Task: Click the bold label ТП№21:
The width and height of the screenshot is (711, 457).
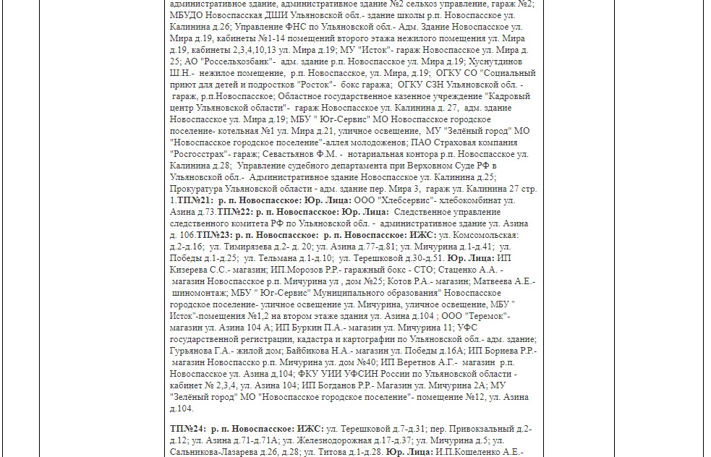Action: click(194, 200)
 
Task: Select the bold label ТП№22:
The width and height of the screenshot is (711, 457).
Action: click(236, 212)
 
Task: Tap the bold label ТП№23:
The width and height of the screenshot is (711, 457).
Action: click(215, 235)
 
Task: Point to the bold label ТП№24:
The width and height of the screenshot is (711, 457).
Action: click(190, 429)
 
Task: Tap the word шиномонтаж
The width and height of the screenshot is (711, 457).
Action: click(203, 293)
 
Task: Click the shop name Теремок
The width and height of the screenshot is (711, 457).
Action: click(488, 316)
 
